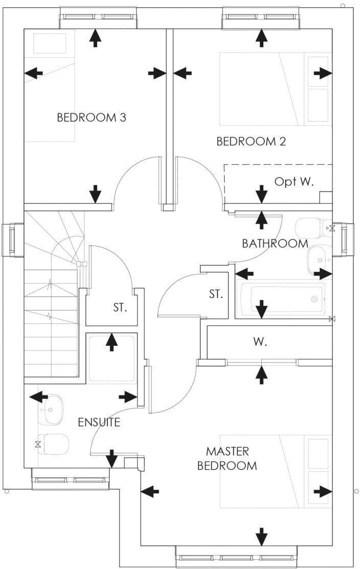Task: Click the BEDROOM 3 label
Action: (92, 118)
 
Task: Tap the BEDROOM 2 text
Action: (251, 141)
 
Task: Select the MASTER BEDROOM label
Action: (227, 458)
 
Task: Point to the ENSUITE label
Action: (99, 422)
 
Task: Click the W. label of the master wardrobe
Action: (260, 342)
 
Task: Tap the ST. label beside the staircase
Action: (120, 308)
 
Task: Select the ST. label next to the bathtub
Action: (216, 294)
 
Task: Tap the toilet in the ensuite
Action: (54, 444)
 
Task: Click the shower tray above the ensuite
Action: (111, 358)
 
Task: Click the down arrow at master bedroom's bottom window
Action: (262, 537)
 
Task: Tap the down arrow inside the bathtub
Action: (262, 309)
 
